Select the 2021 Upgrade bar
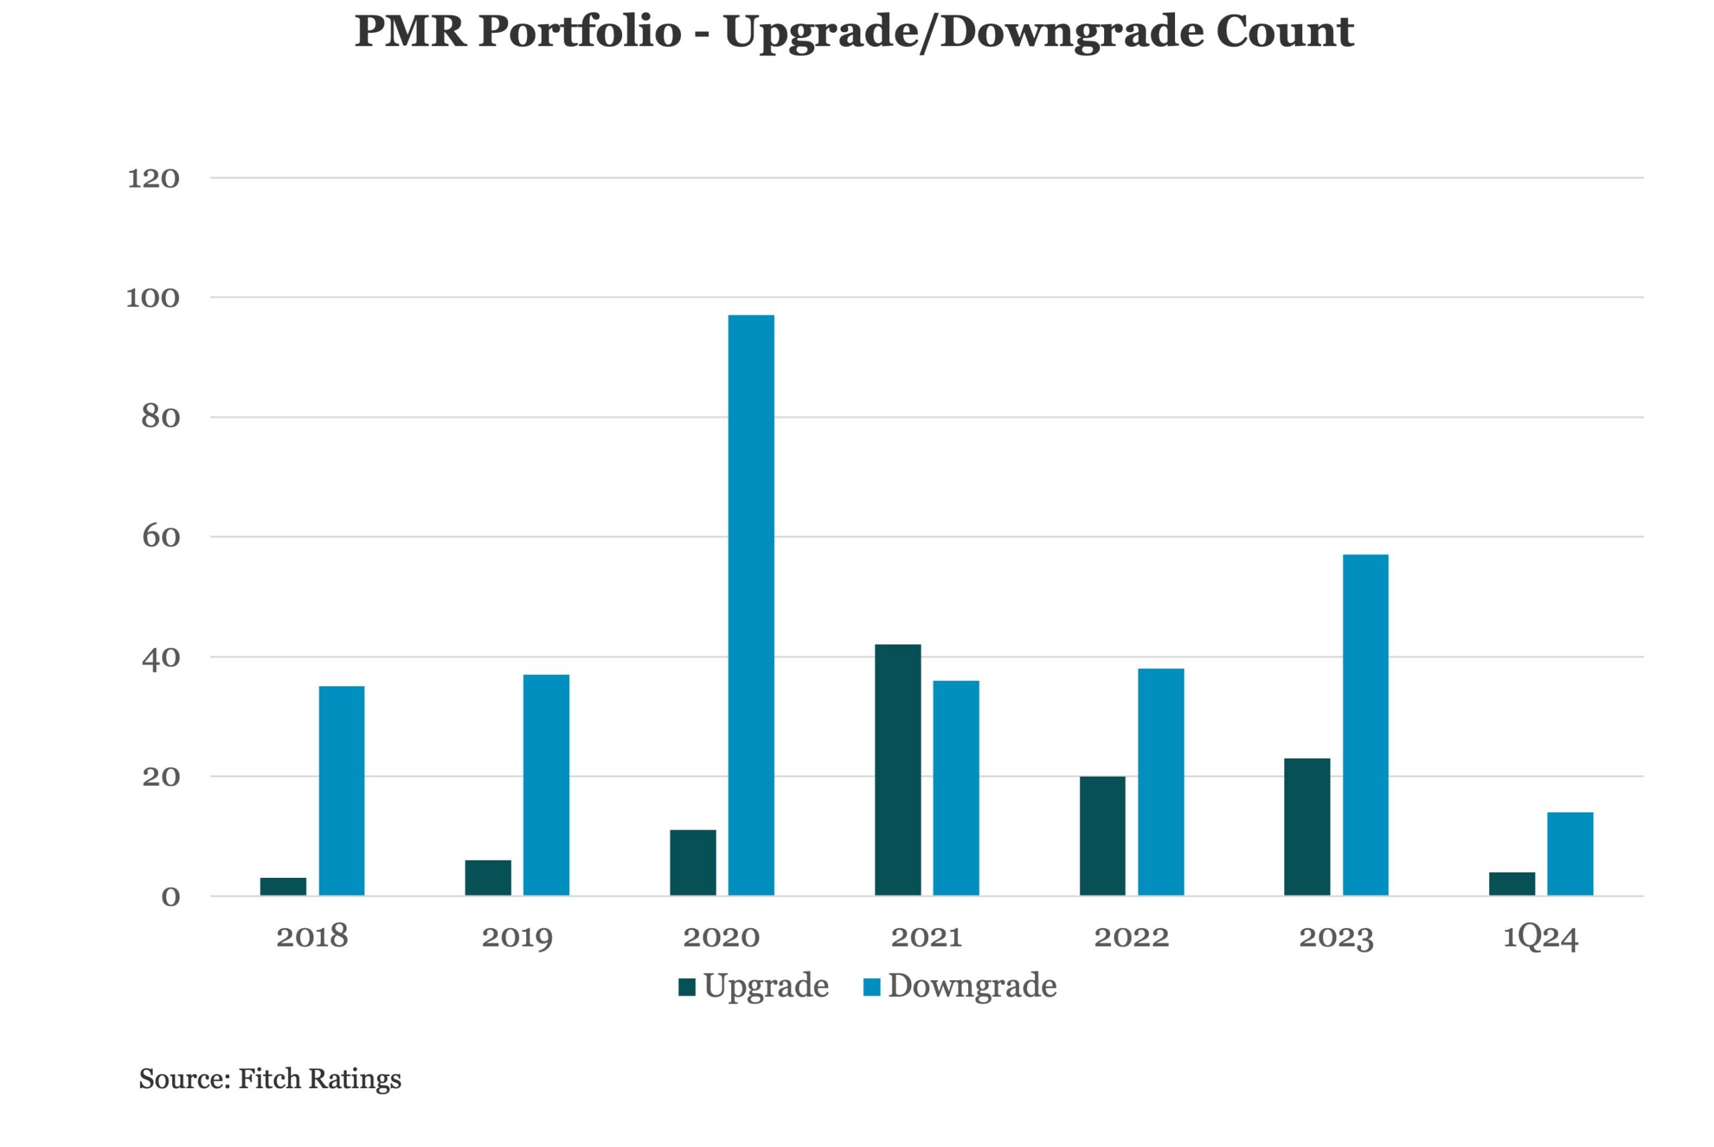[x=898, y=769]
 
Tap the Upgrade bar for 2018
[x=283, y=886]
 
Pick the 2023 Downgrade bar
[x=1365, y=725]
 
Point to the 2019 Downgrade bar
[x=546, y=785]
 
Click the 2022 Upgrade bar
[x=1103, y=836]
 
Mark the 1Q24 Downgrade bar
[x=1571, y=854]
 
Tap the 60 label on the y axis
[x=161, y=537]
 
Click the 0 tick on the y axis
[x=170, y=897]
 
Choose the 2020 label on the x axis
[x=722, y=937]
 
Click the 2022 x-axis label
[x=1132, y=937]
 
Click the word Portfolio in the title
[x=580, y=31]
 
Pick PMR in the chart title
[x=411, y=31]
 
